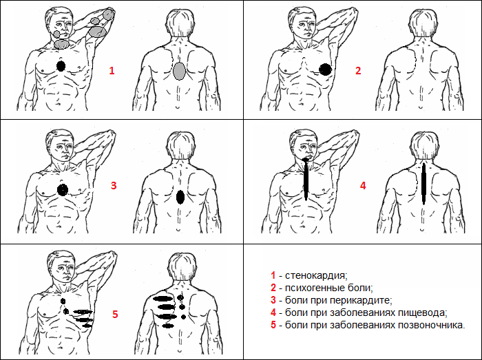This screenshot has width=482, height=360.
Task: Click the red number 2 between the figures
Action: tap(357, 70)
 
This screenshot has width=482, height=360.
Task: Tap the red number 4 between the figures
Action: tap(363, 185)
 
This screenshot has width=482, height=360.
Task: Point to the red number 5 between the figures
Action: tap(116, 314)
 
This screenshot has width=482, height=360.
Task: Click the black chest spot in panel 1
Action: tap(61, 66)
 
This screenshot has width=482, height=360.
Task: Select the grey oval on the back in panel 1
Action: tap(180, 72)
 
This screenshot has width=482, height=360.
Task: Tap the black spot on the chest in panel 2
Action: tap(325, 69)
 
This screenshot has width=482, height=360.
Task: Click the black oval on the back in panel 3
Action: tap(180, 197)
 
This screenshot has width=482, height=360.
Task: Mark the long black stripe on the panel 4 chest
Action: tap(305, 178)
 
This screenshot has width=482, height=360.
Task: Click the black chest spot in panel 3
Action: tap(63, 189)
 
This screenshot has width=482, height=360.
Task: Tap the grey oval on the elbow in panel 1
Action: tap(109, 14)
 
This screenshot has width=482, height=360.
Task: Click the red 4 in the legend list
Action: tap(273, 312)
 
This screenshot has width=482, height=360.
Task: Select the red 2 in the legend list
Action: tap(273, 287)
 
